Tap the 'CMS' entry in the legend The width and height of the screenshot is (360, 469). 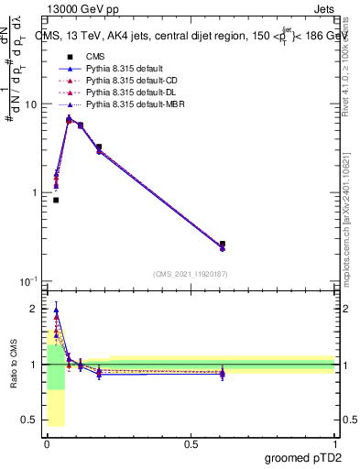point(84,56)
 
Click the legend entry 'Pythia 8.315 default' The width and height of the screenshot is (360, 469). point(104,68)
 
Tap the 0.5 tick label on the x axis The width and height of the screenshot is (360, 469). point(191,443)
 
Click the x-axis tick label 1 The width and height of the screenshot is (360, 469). point(334,443)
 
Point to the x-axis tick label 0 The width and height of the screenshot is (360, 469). point(47,443)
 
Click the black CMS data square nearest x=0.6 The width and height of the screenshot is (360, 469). point(223,245)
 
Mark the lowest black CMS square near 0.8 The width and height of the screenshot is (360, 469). point(56,200)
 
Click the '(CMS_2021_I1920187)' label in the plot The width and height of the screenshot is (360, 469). point(191,273)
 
